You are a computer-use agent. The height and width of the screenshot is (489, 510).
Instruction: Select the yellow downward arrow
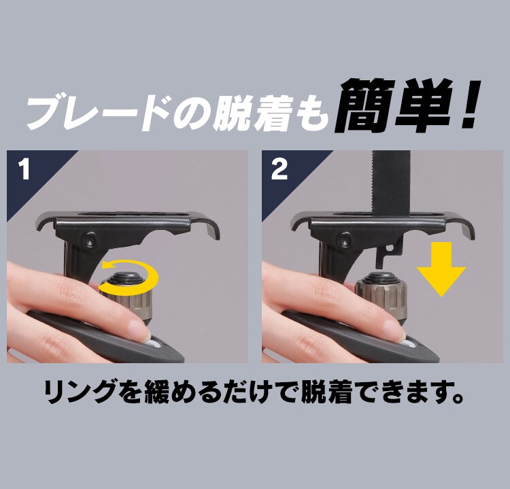point(441,271)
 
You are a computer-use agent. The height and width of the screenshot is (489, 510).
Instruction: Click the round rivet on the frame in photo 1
point(88,239)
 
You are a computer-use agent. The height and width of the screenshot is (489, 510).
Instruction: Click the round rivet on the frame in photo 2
point(343,239)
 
